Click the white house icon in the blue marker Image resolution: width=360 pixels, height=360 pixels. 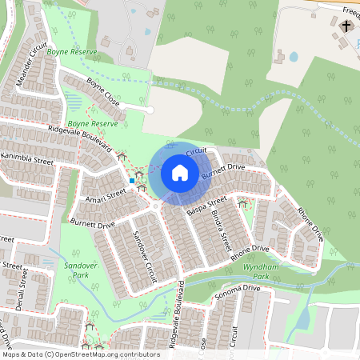[x=180, y=172]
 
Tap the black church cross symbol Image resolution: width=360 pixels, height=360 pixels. [x=346, y=26]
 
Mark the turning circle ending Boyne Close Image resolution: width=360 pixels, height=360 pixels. [x=150, y=110]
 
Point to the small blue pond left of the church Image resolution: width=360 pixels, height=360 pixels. [x=294, y=57]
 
